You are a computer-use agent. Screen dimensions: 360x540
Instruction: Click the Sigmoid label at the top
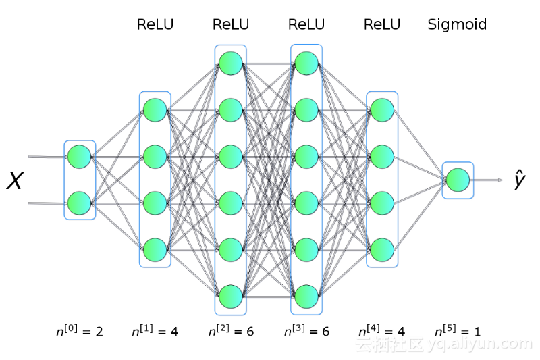[457, 25]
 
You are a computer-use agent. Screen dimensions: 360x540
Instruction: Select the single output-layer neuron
[458, 180]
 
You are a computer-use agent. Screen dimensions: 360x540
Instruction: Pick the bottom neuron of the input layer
[80, 202]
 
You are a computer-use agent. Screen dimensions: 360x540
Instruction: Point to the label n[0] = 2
[80, 331]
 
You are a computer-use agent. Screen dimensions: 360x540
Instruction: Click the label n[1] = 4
[155, 331]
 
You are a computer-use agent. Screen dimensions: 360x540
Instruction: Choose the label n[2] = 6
[230, 331]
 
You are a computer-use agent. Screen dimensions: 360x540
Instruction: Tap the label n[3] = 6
[306, 331]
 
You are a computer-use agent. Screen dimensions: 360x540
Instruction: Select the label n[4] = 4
[381, 331]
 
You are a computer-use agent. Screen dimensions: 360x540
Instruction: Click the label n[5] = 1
[457, 331]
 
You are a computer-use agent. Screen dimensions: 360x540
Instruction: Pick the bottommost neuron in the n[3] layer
[306, 296]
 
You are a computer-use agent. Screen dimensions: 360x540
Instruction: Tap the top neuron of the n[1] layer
[155, 110]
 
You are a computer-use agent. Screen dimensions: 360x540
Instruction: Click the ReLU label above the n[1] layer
[155, 25]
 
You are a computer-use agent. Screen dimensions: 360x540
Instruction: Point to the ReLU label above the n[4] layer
[381, 25]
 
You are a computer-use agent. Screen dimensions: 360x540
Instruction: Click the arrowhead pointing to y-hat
[500, 180]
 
